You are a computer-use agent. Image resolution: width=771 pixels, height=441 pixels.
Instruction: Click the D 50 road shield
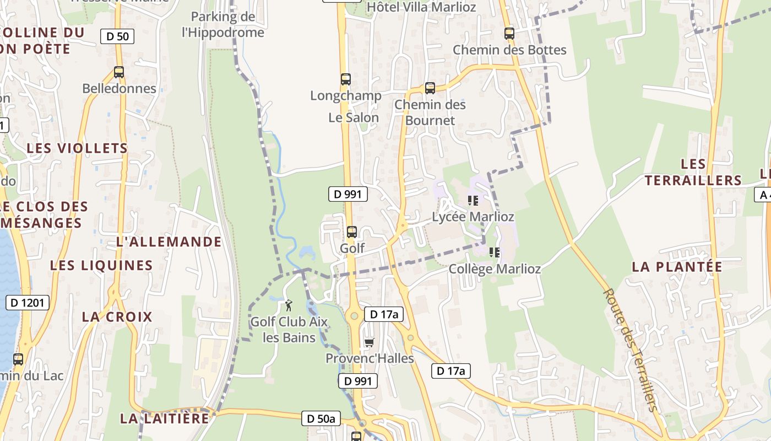pos(117,37)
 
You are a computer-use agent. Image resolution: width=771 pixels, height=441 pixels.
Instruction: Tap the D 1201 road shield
pos(28,302)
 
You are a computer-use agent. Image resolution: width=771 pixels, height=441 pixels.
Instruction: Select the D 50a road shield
pos(321,418)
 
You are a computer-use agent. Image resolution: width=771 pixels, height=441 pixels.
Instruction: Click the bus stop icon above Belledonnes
pos(118,72)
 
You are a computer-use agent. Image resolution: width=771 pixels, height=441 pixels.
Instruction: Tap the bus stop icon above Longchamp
pos(345,79)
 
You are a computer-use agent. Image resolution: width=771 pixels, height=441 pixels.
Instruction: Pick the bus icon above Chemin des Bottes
pos(509,33)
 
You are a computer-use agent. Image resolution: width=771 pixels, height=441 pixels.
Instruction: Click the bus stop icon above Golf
pos(351,232)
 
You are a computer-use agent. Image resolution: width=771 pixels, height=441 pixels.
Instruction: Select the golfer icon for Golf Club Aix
pos(289,305)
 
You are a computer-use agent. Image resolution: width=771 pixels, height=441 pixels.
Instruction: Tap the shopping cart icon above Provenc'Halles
pos(369,343)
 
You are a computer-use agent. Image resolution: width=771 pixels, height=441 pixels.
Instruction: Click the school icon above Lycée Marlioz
pos(473,201)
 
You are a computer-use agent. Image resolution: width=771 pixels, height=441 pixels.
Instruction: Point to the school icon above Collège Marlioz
pos(494,252)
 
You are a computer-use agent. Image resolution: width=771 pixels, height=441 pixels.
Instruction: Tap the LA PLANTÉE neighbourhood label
pos(676,267)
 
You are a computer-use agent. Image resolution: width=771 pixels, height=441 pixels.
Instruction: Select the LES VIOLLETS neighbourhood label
pos(77,148)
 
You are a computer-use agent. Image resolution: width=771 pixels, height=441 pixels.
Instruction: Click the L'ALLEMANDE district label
pos(169,241)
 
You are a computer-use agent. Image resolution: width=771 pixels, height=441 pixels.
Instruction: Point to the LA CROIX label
pos(117,317)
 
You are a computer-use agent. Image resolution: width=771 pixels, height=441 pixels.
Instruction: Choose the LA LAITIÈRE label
pos(165,418)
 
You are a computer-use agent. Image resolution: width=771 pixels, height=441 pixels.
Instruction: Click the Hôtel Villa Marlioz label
pos(421,7)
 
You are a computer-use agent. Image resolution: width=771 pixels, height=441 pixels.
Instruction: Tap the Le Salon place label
pos(354,117)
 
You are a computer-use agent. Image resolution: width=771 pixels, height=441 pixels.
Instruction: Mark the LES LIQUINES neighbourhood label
pos(101,265)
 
